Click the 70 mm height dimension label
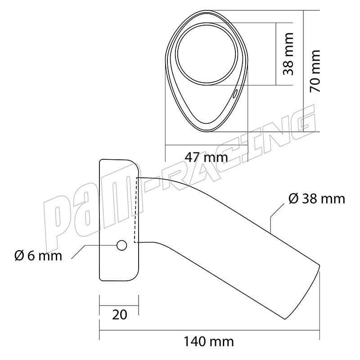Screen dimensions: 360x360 (x=315, y=71)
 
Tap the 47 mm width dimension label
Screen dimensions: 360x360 (x=207, y=157)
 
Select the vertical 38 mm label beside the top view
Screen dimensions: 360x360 (x=288, y=54)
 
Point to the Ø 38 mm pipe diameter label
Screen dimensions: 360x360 (x=317, y=198)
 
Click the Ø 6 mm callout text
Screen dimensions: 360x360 (x=38, y=256)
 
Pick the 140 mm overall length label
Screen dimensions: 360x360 (x=209, y=342)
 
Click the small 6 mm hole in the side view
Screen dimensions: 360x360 (x=121, y=245)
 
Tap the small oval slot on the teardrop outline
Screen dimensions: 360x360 (x=234, y=94)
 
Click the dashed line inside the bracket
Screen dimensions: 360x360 (x=136, y=210)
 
